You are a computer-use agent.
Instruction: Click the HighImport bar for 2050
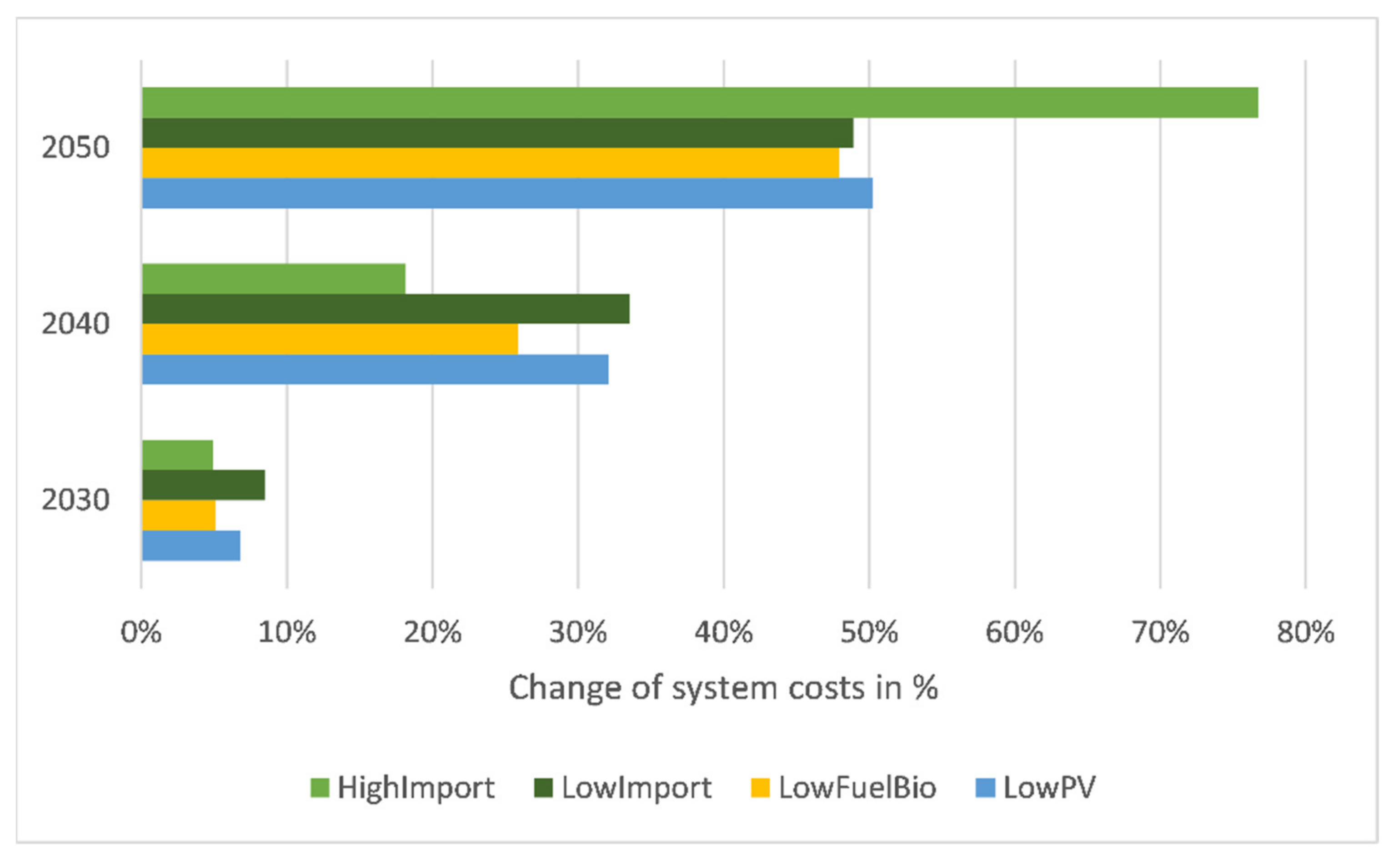tap(700, 102)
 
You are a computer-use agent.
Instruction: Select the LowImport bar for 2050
tap(498, 133)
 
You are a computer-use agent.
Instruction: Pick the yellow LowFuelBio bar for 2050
tap(490, 163)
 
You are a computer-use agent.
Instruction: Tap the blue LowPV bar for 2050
tap(507, 193)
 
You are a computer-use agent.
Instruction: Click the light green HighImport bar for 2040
tap(274, 279)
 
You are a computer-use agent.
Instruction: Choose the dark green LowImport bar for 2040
tap(386, 309)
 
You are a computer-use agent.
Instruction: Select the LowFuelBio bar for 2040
tap(330, 340)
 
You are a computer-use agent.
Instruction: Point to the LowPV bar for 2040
tap(376, 370)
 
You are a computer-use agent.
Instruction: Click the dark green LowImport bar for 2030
tap(204, 485)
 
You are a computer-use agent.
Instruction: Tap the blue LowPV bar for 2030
tap(191, 546)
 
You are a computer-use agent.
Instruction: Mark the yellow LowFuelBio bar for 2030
tap(179, 516)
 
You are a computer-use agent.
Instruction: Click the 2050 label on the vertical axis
tap(75, 148)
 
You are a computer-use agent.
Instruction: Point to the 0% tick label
tap(141, 632)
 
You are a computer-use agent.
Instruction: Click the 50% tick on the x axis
tap(869, 632)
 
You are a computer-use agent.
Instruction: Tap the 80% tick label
tap(1305, 632)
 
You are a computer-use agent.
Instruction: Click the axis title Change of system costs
tap(723, 688)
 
